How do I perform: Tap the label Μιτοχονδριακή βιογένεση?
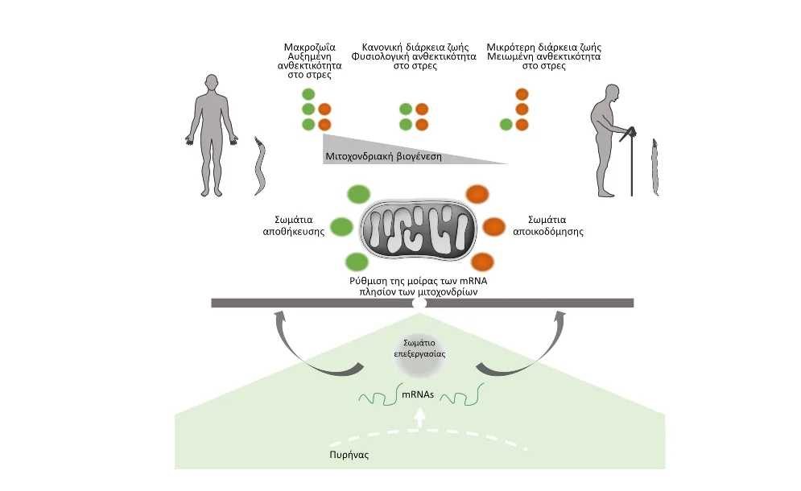click(x=383, y=156)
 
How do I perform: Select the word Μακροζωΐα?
click(x=310, y=47)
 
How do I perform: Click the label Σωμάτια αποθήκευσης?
click(x=294, y=225)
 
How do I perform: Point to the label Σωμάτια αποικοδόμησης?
click(x=547, y=225)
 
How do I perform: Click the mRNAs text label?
click(x=418, y=394)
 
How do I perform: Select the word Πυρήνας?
click(x=349, y=455)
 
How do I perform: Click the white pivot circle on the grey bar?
click(x=419, y=303)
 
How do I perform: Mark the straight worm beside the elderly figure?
click(x=655, y=167)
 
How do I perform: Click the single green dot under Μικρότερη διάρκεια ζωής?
click(x=506, y=124)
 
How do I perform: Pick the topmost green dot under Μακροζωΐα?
click(x=308, y=94)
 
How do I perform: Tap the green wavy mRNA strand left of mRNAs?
click(x=378, y=396)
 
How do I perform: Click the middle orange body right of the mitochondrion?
click(x=493, y=227)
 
